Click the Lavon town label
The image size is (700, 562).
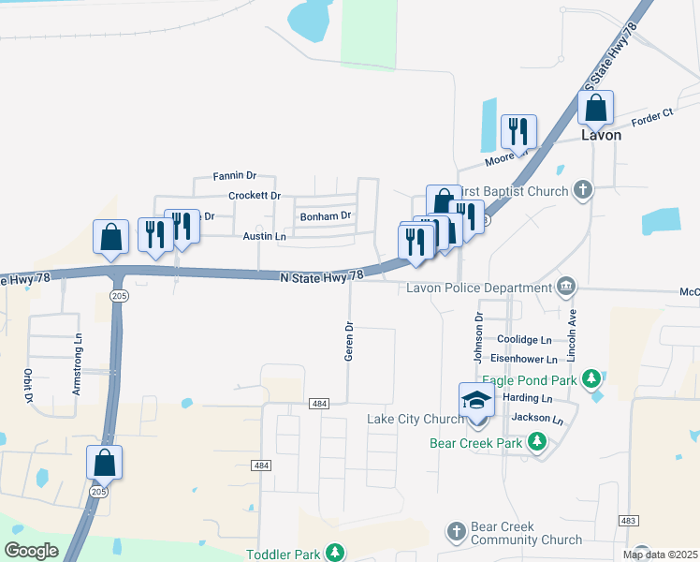601,135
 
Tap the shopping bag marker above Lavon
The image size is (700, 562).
595,110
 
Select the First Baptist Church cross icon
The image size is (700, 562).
582,191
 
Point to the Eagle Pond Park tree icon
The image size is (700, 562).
591,378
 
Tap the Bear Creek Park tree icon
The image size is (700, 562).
537,441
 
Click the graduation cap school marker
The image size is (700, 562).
476,402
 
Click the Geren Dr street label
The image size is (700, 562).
348,342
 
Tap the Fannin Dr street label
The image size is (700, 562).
234,175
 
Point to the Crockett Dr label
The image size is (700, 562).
255,196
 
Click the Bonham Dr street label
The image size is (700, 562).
325,216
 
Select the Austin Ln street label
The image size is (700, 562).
264,237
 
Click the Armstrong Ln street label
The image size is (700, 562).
78,364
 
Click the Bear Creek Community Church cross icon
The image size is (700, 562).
456,532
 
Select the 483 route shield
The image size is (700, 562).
628,520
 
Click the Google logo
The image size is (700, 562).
31,550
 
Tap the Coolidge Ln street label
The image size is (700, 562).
524,340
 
